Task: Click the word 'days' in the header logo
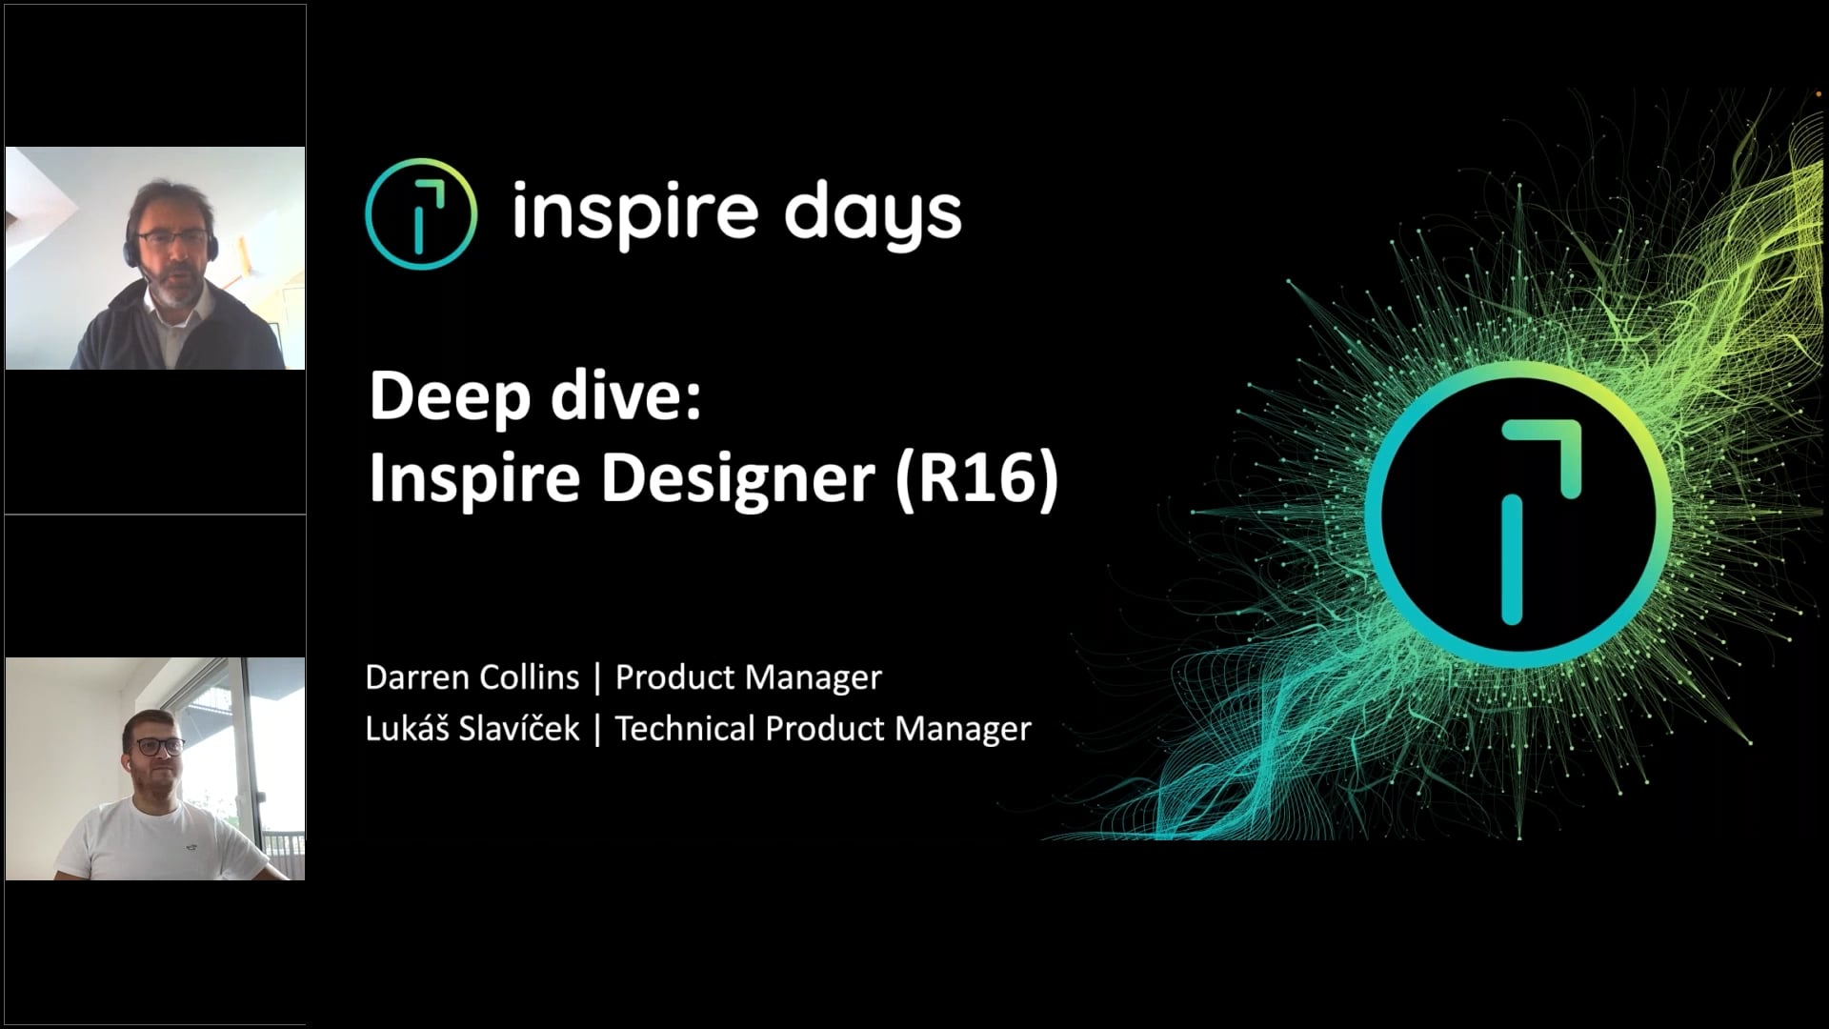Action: (x=873, y=213)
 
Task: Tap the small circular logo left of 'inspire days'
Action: (x=420, y=213)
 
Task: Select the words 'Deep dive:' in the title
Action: (x=534, y=396)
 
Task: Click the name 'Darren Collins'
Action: (x=472, y=677)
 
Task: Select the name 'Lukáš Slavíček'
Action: (x=472, y=729)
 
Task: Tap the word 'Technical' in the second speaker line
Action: (x=685, y=729)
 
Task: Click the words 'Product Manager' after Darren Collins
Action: (x=748, y=677)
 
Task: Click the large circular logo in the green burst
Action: (x=1518, y=514)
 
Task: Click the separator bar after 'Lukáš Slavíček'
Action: (x=597, y=729)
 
